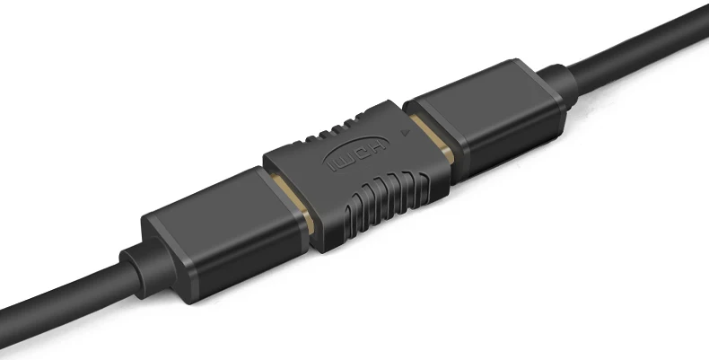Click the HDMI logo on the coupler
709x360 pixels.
pos(356,153)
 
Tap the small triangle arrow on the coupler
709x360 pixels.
pos(406,133)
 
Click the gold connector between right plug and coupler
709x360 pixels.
pos(433,138)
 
